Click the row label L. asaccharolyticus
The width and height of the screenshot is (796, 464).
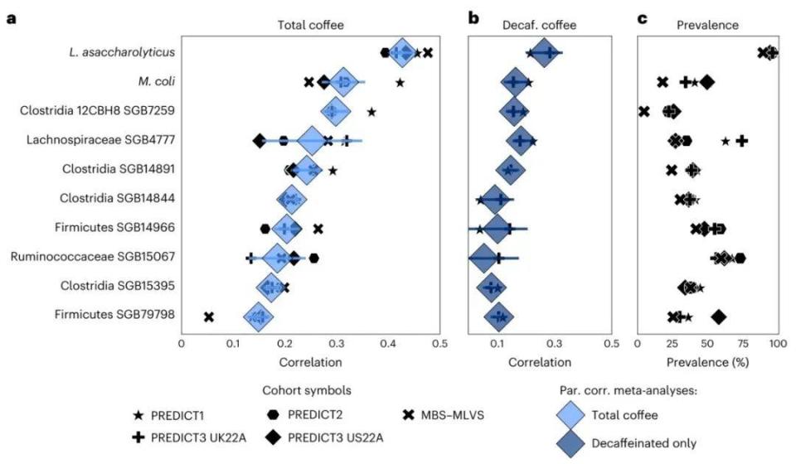121,53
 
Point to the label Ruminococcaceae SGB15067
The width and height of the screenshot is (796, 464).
93,257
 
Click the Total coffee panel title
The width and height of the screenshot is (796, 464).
309,25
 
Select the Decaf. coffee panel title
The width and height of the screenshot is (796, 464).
538,25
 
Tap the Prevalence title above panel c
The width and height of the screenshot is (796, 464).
706,25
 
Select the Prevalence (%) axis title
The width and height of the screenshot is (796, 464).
706,362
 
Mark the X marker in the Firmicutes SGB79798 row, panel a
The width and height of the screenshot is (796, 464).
209,317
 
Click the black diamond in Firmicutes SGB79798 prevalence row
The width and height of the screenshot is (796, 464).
719,316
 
